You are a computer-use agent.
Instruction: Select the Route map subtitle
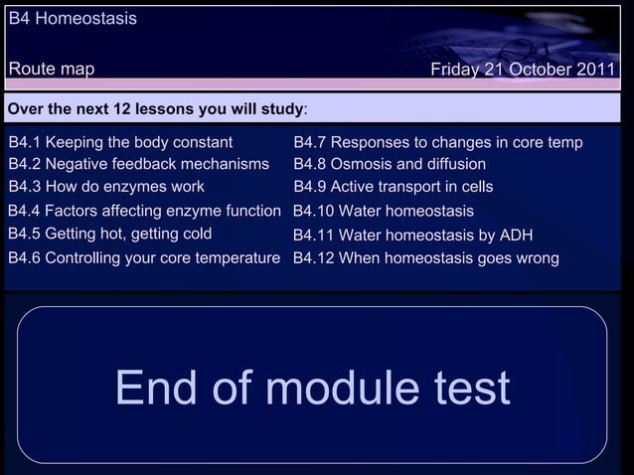[x=52, y=69]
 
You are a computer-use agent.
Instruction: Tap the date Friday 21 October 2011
[x=523, y=70]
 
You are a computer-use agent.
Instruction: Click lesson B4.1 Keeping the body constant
[x=120, y=142]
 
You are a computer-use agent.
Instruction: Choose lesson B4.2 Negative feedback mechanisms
[x=138, y=164]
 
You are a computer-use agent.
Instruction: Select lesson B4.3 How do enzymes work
[x=106, y=187]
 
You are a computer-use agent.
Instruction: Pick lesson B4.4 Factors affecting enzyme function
[x=144, y=211]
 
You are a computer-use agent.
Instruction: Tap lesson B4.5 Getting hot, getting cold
[x=109, y=235]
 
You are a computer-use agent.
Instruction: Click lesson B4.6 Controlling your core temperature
[x=144, y=258]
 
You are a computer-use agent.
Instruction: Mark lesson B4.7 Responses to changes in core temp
[x=438, y=142]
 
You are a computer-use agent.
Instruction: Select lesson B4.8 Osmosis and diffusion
[x=390, y=164]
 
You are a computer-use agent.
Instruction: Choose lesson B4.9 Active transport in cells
[x=394, y=187]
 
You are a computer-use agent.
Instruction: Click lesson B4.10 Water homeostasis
[x=384, y=211]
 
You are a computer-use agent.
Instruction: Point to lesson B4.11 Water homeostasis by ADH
[x=412, y=236]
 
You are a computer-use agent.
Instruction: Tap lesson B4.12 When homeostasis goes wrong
[x=425, y=258]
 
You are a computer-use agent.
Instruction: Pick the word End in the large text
[x=159, y=389]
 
